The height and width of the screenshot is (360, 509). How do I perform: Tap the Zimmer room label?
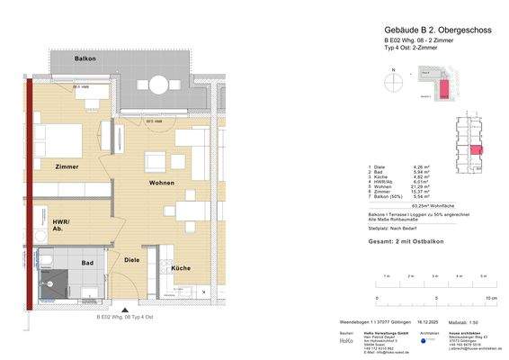pos(66,166)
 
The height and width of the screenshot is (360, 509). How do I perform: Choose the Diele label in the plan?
pos(132,260)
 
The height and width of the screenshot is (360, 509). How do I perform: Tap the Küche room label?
pos(180,268)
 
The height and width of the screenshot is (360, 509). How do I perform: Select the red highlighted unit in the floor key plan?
pos(476,150)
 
